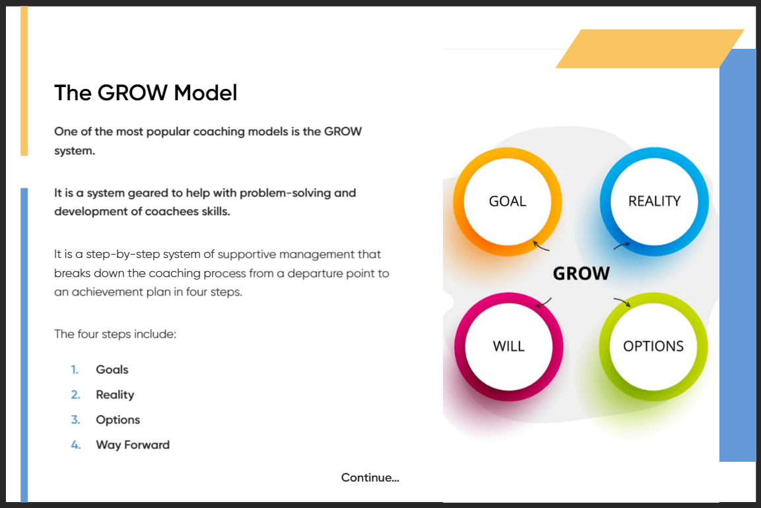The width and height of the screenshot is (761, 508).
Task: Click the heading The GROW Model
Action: [146, 92]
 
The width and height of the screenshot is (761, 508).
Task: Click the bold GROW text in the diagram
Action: [581, 274]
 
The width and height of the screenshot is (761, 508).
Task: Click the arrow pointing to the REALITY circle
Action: [621, 245]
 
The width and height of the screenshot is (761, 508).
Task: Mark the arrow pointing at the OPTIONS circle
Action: [622, 302]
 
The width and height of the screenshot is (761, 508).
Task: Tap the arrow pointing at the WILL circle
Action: [543, 303]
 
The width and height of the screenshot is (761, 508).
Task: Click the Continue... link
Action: [370, 478]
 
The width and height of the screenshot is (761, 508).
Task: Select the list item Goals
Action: [112, 369]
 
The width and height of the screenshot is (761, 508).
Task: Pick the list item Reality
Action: [115, 395]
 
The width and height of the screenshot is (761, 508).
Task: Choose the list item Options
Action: [118, 420]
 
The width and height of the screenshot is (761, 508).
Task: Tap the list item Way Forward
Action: [133, 445]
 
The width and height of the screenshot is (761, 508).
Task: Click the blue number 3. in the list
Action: [75, 420]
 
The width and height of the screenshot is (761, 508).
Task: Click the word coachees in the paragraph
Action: [172, 212]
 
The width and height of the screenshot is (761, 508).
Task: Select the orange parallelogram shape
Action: [650, 49]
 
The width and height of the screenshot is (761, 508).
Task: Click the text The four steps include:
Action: [116, 334]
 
